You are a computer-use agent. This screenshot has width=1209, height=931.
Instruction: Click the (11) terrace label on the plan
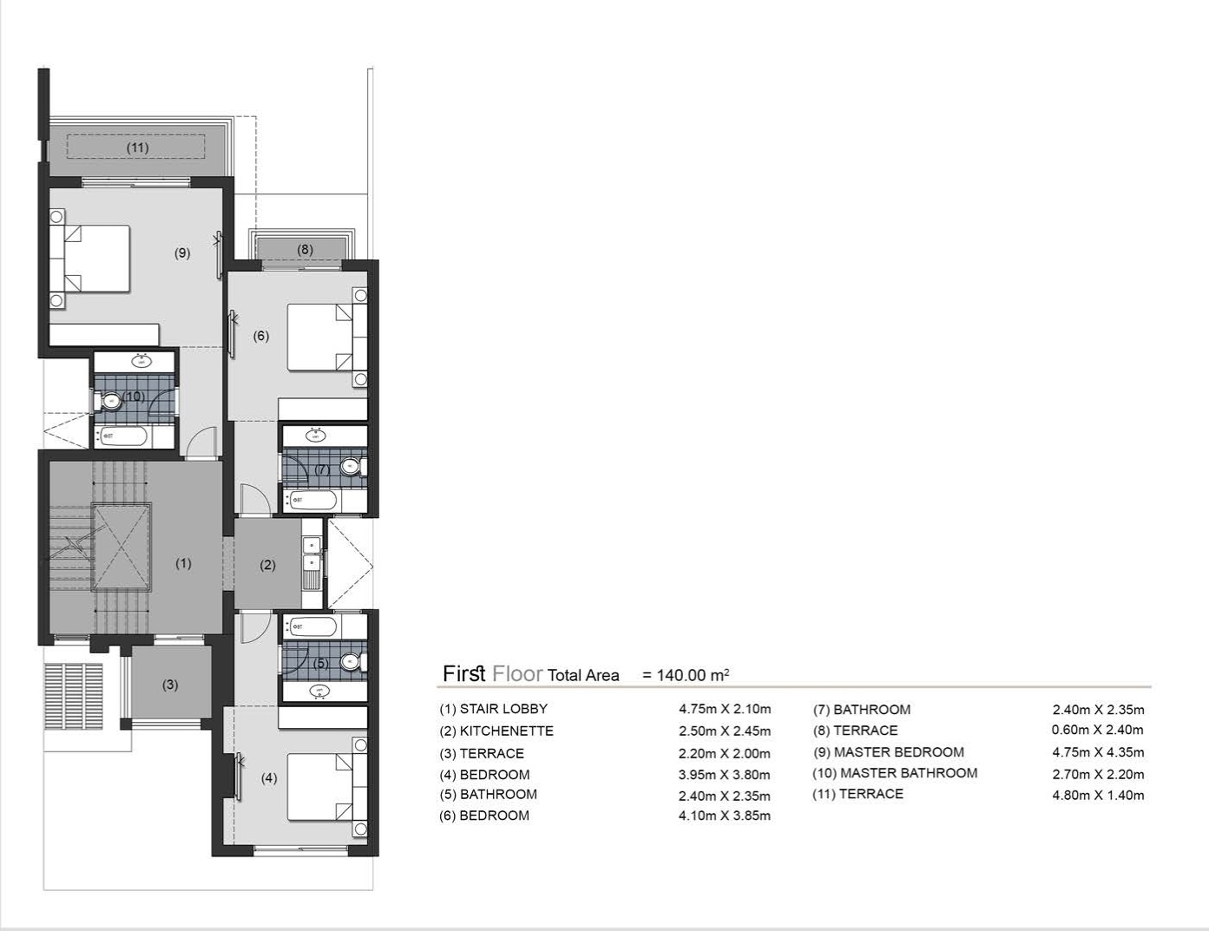[x=138, y=148]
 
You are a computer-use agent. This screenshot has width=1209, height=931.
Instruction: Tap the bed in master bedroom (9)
[x=90, y=259]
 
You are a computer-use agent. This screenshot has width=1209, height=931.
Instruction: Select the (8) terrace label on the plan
[x=305, y=250]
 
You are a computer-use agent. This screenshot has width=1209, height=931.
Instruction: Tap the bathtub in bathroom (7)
[x=312, y=500]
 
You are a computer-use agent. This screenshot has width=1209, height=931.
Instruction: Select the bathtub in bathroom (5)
[x=312, y=626]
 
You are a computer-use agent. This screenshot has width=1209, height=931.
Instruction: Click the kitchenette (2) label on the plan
[x=268, y=565]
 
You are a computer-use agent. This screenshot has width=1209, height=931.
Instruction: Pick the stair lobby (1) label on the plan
[x=183, y=563]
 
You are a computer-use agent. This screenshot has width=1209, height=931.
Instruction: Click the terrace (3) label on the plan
[x=170, y=685]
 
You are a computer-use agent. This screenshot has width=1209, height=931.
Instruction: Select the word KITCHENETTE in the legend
[x=506, y=731]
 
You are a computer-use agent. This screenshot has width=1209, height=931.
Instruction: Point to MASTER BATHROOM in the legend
[x=908, y=773]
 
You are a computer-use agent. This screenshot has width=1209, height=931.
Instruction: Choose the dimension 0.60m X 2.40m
[x=1097, y=731]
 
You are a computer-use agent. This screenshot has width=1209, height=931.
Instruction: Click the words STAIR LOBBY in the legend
[x=503, y=709]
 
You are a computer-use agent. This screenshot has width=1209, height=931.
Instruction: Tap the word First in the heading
[x=463, y=674]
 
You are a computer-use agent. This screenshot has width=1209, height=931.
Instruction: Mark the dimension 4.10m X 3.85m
[x=724, y=816]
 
